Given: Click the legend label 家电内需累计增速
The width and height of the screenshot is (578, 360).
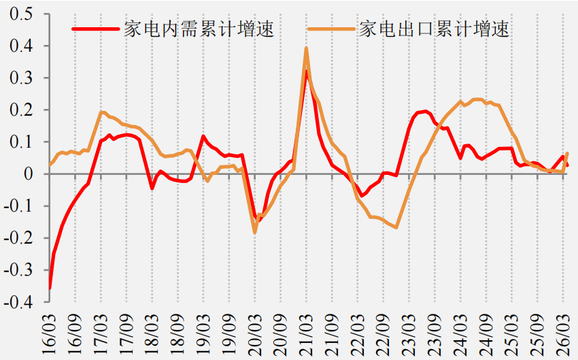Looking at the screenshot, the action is click(x=199, y=29).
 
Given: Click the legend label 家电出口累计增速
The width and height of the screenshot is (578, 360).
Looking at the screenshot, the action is click(x=435, y=29).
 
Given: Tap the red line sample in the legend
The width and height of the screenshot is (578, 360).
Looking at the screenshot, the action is click(x=96, y=29).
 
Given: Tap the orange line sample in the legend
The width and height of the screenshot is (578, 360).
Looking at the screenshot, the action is click(x=332, y=29).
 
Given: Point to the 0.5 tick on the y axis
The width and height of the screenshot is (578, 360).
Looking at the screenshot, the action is click(x=21, y=14).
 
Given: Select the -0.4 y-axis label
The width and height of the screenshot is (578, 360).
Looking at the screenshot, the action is click(x=18, y=302).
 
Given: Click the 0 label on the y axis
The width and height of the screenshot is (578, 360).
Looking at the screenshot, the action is click(x=29, y=174).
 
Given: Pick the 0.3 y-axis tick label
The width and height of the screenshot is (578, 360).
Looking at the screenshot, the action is click(x=21, y=78).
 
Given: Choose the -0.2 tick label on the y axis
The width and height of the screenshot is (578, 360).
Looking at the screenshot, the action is click(x=18, y=238).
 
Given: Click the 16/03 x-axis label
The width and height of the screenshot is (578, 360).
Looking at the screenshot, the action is click(x=49, y=335).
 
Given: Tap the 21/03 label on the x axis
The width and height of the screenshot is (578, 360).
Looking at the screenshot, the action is click(x=305, y=335).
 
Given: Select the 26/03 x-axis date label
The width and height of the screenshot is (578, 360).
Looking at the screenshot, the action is click(x=562, y=335).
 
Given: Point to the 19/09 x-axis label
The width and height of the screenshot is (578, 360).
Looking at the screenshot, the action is click(x=228, y=335).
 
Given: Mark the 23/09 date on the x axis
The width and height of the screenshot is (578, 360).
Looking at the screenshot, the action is click(x=435, y=335).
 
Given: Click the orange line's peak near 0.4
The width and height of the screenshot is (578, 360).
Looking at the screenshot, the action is click(x=306, y=48).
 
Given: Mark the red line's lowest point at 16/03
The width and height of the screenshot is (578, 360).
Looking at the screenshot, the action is click(x=50, y=288).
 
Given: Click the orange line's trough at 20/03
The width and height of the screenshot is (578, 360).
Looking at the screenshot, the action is click(x=255, y=232).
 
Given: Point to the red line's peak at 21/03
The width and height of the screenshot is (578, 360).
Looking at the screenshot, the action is click(x=306, y=71).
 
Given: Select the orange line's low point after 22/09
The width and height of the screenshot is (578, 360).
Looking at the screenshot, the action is click(x=396, y=227).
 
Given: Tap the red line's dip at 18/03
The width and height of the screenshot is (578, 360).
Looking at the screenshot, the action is click(x=152, y=188).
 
